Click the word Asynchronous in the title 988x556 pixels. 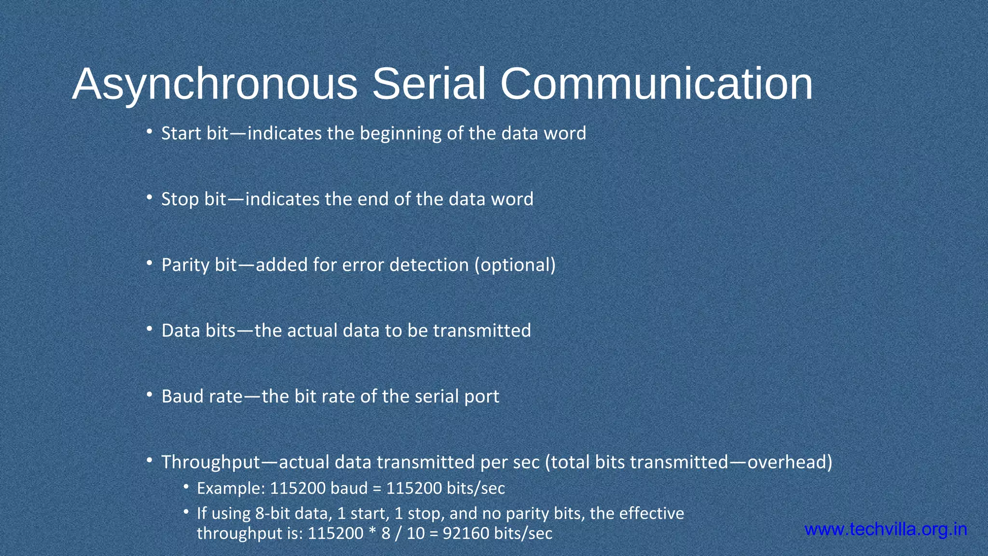coord(215,84)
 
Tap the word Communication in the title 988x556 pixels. coord(656,84)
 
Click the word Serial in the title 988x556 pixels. coord(428,84)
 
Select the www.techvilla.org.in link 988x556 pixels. coord(886,529)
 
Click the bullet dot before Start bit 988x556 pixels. coord(150,131)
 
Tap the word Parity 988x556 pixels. coord(185,265)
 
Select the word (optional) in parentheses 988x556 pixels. coord(515,265)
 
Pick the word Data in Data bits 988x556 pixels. coord(181,331)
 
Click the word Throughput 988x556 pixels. coord(211,462)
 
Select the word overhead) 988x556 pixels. coord(790,462)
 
